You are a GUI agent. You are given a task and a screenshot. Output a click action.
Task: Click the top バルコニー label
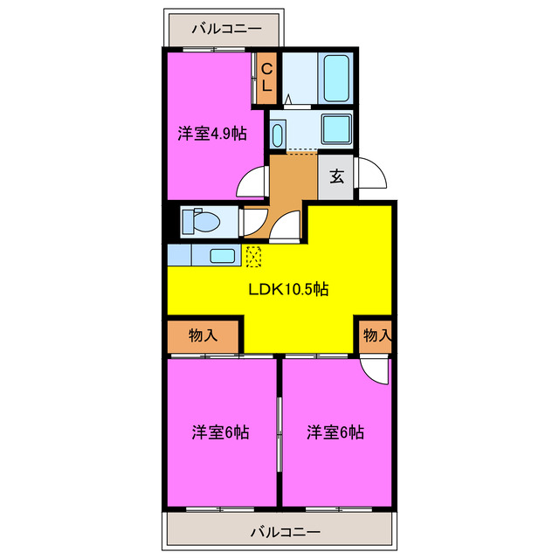pyautogui.click(x=226, y=29)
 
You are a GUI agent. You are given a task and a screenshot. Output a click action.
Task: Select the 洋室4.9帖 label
pyautogui.click(x=211, y=134)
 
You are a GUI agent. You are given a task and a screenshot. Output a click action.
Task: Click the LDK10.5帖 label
pyautogui.click(x=287, y=290)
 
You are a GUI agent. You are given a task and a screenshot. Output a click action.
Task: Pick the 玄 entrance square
pyautogui.click(x=336, y=176)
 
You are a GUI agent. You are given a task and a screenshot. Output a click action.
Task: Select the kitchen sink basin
pyautogui.click(x=222, y=256)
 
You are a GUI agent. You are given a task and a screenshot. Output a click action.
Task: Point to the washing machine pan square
pyautogui.click(x=335, y=128)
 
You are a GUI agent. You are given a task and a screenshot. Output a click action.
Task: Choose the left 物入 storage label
pyautogui.click(x=204, y=335)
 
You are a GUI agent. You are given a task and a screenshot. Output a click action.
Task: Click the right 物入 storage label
pyautogui.click(x=376, y=335)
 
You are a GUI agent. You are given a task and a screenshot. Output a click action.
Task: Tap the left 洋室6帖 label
pyautogui.click(x=220, y=431)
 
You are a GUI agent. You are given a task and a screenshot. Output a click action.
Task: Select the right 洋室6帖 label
pyautogui.click(x=335, y=431)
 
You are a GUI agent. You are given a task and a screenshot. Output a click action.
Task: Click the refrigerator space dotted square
pyautogui.click(x=253, y=256)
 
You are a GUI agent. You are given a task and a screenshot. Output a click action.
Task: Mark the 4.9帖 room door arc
pyautogui.click(x=252, y=181)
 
